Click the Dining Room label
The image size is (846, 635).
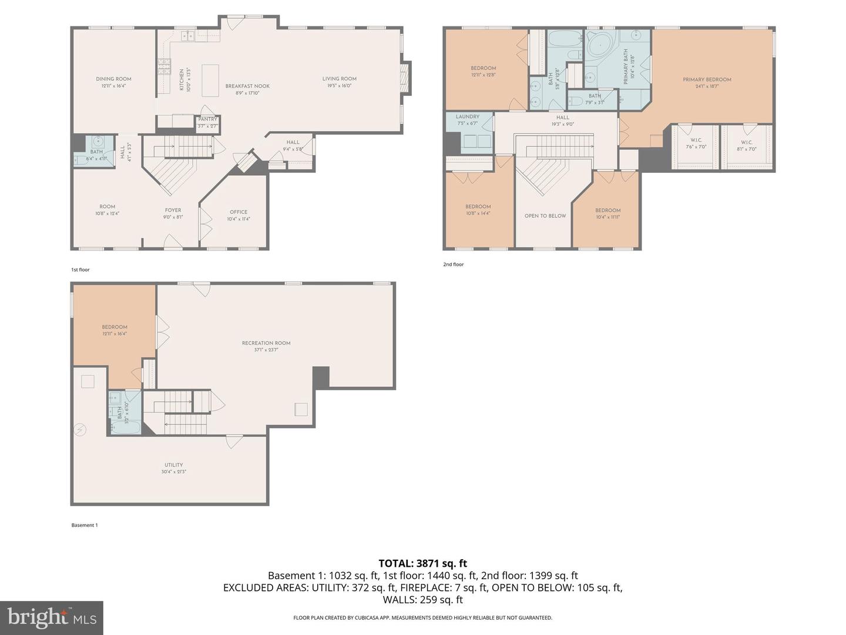point(113,79)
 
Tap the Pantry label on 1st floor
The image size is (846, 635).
point(207,119)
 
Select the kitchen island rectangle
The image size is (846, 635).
point(210,80)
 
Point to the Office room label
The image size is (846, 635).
point(239,212)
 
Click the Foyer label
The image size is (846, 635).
point(173,210)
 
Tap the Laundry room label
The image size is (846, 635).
point(467,117)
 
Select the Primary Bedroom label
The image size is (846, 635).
point(707,80)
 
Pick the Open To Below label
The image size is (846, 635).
point(545,216)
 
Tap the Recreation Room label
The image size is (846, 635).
point(266,343)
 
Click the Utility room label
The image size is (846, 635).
point(173,465)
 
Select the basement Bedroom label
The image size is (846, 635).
point(115,327)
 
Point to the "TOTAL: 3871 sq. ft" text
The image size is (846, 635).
point(422,563)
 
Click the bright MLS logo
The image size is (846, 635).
point(52,617)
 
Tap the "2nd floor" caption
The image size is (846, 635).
point(453,265)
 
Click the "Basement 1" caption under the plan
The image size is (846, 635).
point(85,525)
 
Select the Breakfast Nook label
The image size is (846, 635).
point(247,86)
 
